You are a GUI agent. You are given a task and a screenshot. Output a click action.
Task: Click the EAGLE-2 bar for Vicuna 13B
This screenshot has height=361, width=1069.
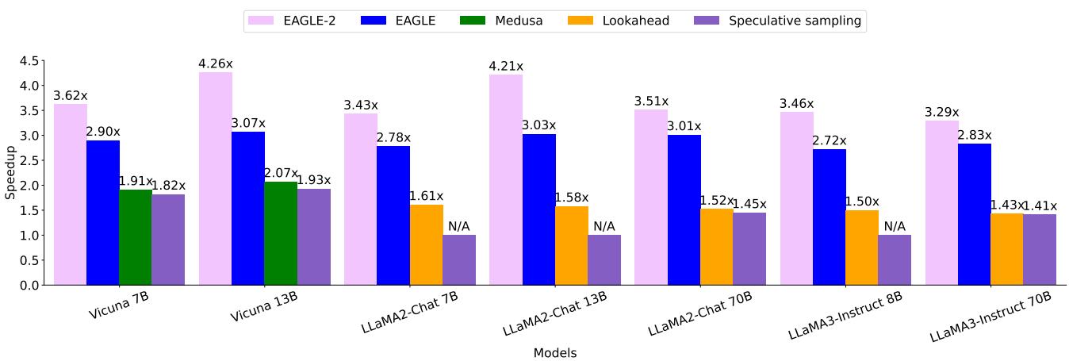pyautogui.click(x=216, y=179)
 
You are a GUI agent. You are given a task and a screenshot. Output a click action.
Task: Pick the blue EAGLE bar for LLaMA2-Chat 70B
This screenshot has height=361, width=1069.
pyautogui.click(x=684, y=209)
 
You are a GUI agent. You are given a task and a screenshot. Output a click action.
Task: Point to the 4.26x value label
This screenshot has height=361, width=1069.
pyautogui.click(x=216, y=63)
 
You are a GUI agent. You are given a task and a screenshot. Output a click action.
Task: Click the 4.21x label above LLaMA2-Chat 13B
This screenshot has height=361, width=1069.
pyautogui.click(x=506, y=66)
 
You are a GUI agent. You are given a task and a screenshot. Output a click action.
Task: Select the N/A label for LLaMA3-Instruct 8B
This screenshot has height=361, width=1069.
pyautogui.click(x=895, y=226)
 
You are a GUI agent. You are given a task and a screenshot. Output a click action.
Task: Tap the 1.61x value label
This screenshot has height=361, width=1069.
pyautogui.click(x=426, y=196)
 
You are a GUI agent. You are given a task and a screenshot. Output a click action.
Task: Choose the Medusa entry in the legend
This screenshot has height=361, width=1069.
pyautogui.click(x=501, y=21)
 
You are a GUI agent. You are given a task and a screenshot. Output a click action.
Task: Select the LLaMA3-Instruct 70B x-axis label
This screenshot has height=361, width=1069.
pyautogui.click(x=991, y=316)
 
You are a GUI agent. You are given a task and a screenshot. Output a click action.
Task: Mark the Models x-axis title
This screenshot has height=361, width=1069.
pyautogui.click(x=555, y=353)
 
